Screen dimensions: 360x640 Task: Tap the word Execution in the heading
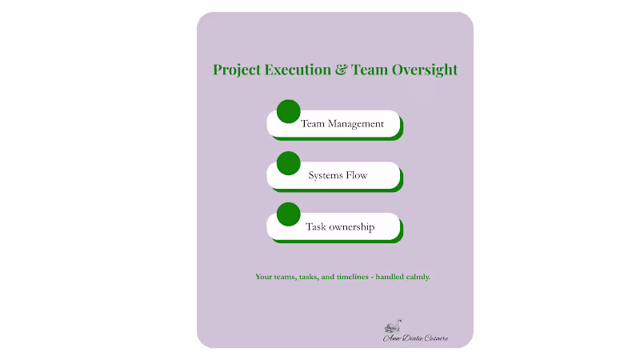coord(298,70)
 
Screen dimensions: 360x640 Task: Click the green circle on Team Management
coord(288,112)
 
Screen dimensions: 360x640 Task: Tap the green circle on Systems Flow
coord(288,163)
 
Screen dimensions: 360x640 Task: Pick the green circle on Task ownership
coord(288,214)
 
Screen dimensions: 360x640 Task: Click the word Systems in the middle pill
coord(326,175)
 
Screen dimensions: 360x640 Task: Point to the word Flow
coord(357,175)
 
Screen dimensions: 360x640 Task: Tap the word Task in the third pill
coord(314,227)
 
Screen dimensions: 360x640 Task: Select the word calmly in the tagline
coord(416,277)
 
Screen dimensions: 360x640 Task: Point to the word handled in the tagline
coord(386,277)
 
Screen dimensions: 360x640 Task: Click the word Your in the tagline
coord(264,277)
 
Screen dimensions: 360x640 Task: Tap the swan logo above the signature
coord(393,326)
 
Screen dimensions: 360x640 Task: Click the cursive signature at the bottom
coord(416,338)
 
